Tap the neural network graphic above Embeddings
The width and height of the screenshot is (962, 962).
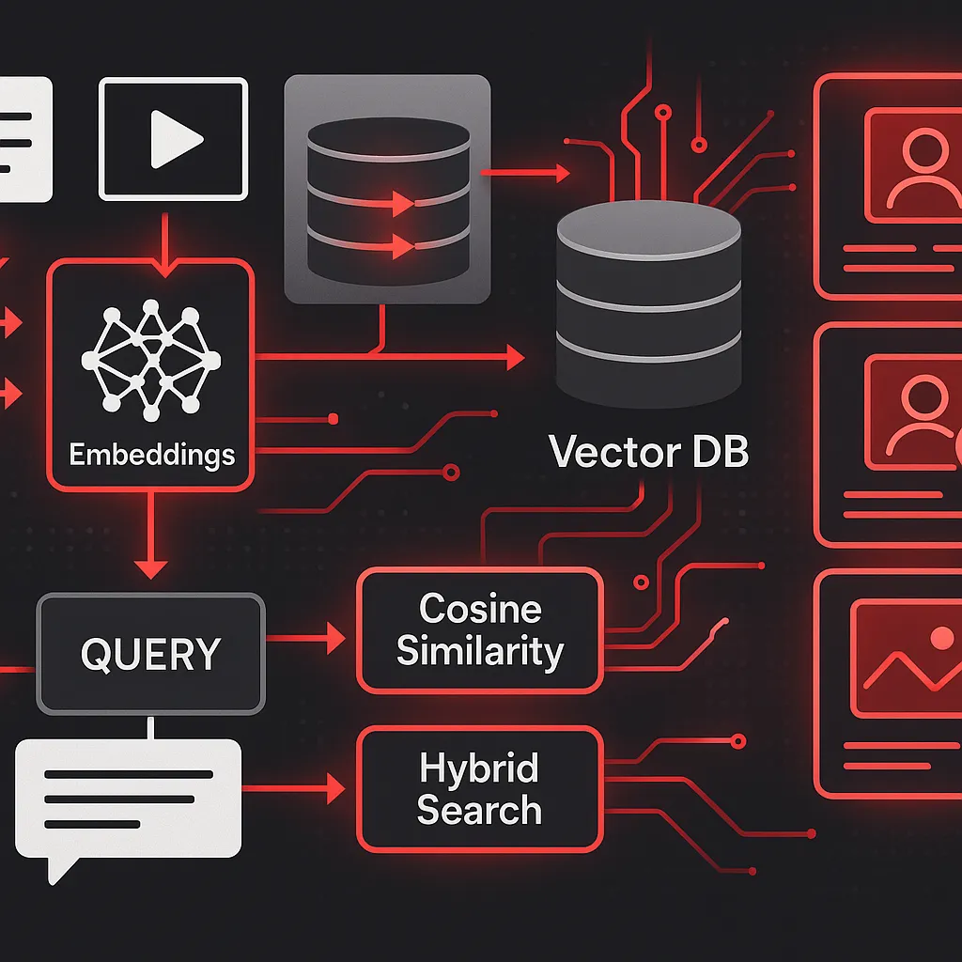(150, 358)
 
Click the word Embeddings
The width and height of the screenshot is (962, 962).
(151, 455)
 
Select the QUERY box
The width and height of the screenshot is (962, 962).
(150, 653)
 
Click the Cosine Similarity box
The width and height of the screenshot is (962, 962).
(479, 630)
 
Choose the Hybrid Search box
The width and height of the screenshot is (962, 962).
(479, 788)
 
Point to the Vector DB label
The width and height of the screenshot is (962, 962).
(648, 452)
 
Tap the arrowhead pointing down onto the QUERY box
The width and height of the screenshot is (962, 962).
(150, 568)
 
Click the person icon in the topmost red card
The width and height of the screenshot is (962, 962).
(917, 165)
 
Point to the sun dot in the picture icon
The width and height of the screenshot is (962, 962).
(939, 640)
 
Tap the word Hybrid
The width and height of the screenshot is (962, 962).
(479, 768)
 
